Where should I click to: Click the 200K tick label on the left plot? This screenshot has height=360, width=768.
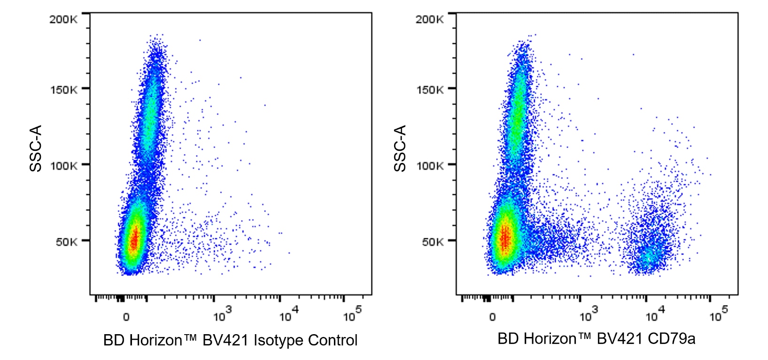(x=63, y=19)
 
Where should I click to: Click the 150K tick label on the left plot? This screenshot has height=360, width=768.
(x=64, y=89)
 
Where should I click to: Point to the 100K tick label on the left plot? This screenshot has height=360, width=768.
(x=64, y=165)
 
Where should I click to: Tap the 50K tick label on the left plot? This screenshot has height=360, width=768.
(x=66, y=242)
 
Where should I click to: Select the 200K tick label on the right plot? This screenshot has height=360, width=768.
(x=429, y=19)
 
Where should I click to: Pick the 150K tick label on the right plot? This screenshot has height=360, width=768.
(x=430, y=89)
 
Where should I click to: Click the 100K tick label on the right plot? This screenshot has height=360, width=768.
(x=430, y=165)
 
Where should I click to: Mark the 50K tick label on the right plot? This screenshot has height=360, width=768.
(x=432, y=242)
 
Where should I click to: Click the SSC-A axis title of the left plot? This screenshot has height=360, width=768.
(x=36, y=149)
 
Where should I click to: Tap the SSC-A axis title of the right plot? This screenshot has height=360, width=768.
(x=400, y=149)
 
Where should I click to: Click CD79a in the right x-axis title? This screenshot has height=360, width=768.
(x=671, y=338)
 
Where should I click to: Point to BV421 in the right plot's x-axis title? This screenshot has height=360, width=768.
(x=619, y=338)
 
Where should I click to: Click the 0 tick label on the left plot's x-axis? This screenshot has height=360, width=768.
(x=126, y=317)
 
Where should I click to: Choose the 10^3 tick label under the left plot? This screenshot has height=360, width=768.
(x=222, y=315)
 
